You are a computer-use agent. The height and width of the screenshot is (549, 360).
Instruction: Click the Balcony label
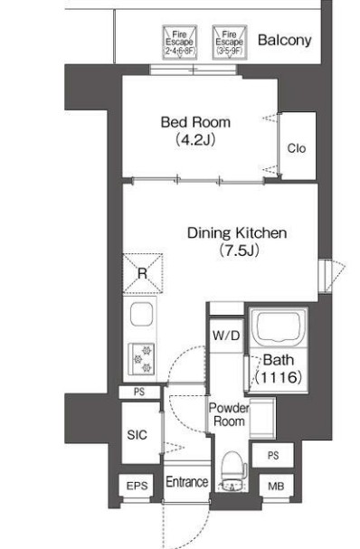[x=284, y=41]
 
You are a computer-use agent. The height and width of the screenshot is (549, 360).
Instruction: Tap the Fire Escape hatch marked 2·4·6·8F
[x=180, y=43]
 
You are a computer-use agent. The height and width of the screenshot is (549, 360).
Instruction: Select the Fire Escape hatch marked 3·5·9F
[x=230, y=42]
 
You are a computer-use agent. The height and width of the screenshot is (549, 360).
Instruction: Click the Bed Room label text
[x=195, y=122]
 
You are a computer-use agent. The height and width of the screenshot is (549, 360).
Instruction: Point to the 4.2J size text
[x=194, y=139]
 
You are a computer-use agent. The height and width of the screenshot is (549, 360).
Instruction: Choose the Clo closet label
[x=297, y=148]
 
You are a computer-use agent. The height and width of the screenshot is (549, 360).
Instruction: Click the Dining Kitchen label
[x=237, y=232]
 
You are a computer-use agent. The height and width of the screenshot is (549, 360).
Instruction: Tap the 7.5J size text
[x=239, y=251]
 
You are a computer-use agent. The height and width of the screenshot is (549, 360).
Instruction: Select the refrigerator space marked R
[x=143, y=273]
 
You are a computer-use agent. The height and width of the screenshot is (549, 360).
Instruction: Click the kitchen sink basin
[x=141, y=315]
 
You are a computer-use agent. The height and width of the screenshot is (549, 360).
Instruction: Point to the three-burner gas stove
[x=141, y=359]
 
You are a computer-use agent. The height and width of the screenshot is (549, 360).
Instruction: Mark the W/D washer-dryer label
[x=226, y=336]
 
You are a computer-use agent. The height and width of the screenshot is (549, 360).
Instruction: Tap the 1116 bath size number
[x=279, y=377]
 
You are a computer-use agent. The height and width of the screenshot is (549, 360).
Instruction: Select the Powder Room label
[x=229, y=414]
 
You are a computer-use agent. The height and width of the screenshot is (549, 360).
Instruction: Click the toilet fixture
[x=232, y=470]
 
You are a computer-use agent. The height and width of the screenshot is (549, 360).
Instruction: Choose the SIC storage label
[x=137, y=435]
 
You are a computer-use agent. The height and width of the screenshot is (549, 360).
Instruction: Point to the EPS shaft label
[x=137, y=486]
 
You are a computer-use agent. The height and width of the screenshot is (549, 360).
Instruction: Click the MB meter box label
[x=276, y=486]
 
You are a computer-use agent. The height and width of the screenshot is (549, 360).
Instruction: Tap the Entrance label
[x=187, y=482]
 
